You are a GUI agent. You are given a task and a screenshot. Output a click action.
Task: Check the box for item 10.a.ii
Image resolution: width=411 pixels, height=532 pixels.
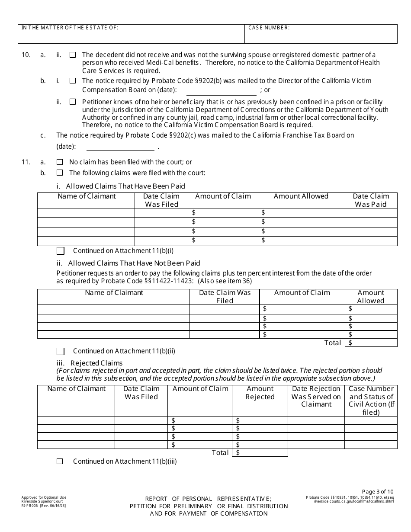pyautogui.click(x=73, y=55)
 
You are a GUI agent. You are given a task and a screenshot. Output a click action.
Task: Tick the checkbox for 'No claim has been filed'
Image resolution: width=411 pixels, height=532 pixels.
pyautogui.click(x=60, y=162)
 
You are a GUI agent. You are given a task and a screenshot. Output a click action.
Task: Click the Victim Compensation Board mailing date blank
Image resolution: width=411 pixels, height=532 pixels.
pyautogui.click(x=221, y=91)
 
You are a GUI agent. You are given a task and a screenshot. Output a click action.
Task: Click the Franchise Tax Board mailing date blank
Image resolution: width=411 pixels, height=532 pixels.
pyautogui.click(x=120, y=146)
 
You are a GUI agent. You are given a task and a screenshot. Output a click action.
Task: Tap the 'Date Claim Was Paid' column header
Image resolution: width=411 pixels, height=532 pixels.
pyautogui.click(x=371, y=200)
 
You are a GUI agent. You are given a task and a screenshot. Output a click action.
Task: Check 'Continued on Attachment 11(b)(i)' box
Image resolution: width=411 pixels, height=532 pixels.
pyautogui.click(x=61, y=250)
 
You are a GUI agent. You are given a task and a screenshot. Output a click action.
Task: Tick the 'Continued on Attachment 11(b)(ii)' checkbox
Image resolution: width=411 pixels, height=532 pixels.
pyautogui.click(x=61, y=351)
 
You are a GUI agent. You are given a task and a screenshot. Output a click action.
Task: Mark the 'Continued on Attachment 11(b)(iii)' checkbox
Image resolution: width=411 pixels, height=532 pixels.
pyautogui.click(x=60, y=461)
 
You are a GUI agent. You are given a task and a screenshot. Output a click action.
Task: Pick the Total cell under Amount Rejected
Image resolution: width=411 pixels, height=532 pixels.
pyautogui.click(x=260, y=453)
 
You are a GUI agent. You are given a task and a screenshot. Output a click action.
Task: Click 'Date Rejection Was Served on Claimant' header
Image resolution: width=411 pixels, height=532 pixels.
pyautogui.click(x=316, y=397)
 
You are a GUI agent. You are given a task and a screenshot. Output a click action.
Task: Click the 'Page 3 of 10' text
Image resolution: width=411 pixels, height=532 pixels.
pyautogui.click(x=377, y=491)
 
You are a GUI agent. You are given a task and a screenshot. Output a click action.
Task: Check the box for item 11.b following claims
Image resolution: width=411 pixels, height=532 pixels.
pyautogui.click(x=60, y=173)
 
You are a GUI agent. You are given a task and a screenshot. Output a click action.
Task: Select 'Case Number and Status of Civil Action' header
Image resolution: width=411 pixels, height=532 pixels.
pyautogui.click(x=371, y=400)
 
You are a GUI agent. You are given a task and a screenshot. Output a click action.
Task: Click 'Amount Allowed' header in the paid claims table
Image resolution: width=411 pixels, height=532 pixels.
pyautogui.click(x=301, y=196)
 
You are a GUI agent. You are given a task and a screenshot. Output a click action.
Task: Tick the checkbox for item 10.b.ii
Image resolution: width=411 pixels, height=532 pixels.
pyautogui.click(x=73, y=102)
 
